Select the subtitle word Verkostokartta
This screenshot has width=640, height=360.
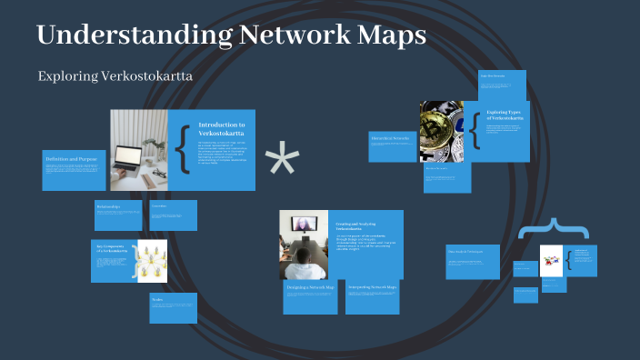click(x=148, y=76)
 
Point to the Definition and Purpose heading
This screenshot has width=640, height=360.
click(x=73, y=159)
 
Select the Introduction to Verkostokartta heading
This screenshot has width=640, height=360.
click(x=222, y=128)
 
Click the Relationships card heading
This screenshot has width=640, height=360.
click(x=110, y=206)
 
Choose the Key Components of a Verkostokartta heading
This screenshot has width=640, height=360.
click(x=113, y=247)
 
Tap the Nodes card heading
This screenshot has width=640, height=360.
click(x=158, y=299)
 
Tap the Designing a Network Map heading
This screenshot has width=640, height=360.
click(x=310, y=287)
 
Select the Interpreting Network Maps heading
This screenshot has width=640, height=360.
click(x=373, y=287)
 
